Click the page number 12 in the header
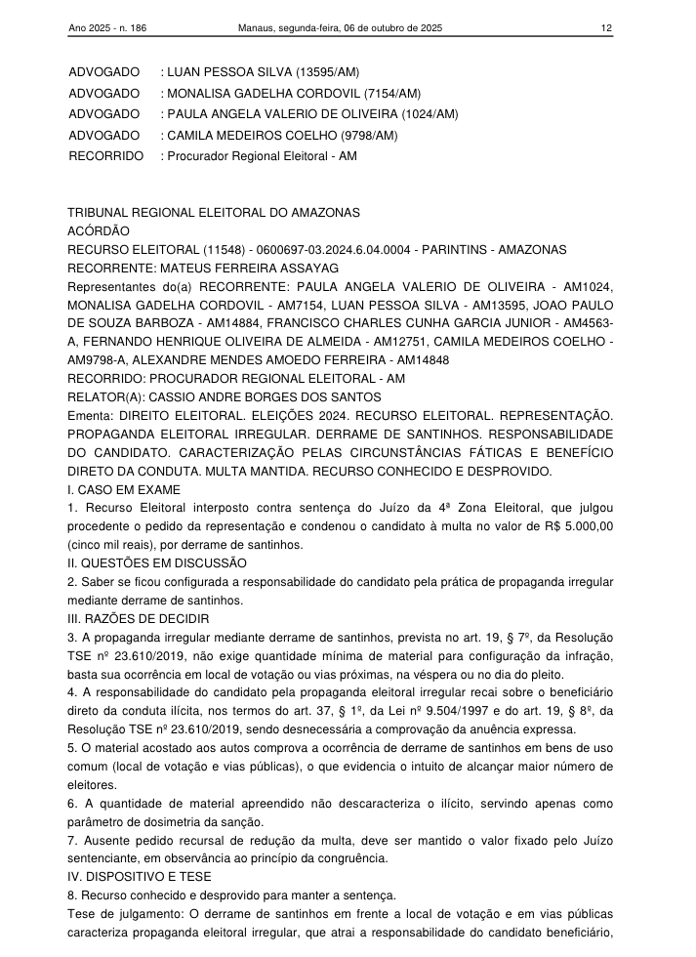tap(606, 28)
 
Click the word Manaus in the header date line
tap(257, 28)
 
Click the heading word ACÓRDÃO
tap(99, 231)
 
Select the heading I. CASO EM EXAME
tap(124, 489)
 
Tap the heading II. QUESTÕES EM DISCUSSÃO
tap(156, 562)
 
